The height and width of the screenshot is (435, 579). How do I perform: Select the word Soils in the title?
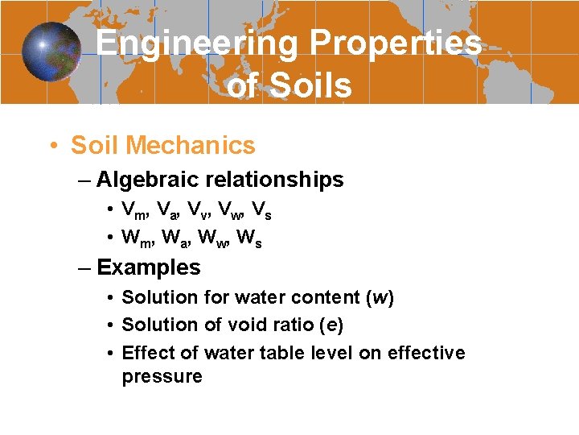tap(311, 85)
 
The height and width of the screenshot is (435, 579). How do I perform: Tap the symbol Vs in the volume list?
tap(261, 211)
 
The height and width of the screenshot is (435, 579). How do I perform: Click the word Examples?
tap(149, 267)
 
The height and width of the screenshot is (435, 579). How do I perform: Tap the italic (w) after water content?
tap(379, 297)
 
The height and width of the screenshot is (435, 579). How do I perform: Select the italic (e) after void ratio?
tap(331, 325)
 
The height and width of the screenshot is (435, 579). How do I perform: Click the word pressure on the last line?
tap(162, 376)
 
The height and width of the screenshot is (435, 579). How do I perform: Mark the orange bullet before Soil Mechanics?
tap(51, 146)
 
